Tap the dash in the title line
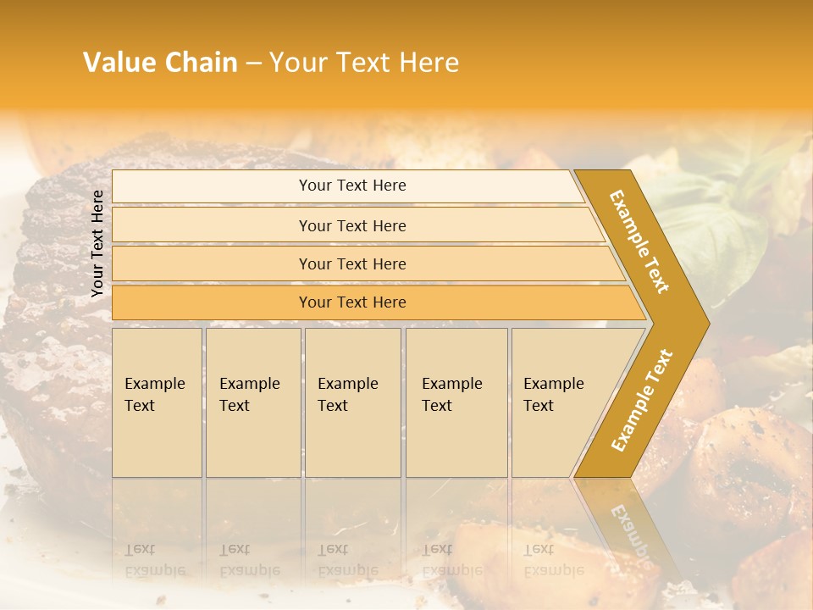253,64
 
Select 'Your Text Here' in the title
364,63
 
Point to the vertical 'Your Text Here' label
97,243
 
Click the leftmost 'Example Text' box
157,402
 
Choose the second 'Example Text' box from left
253,402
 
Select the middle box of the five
352,402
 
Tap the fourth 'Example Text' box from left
456,402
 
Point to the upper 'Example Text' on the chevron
640,241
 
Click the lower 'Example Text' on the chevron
641,401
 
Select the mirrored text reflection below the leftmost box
155,559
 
